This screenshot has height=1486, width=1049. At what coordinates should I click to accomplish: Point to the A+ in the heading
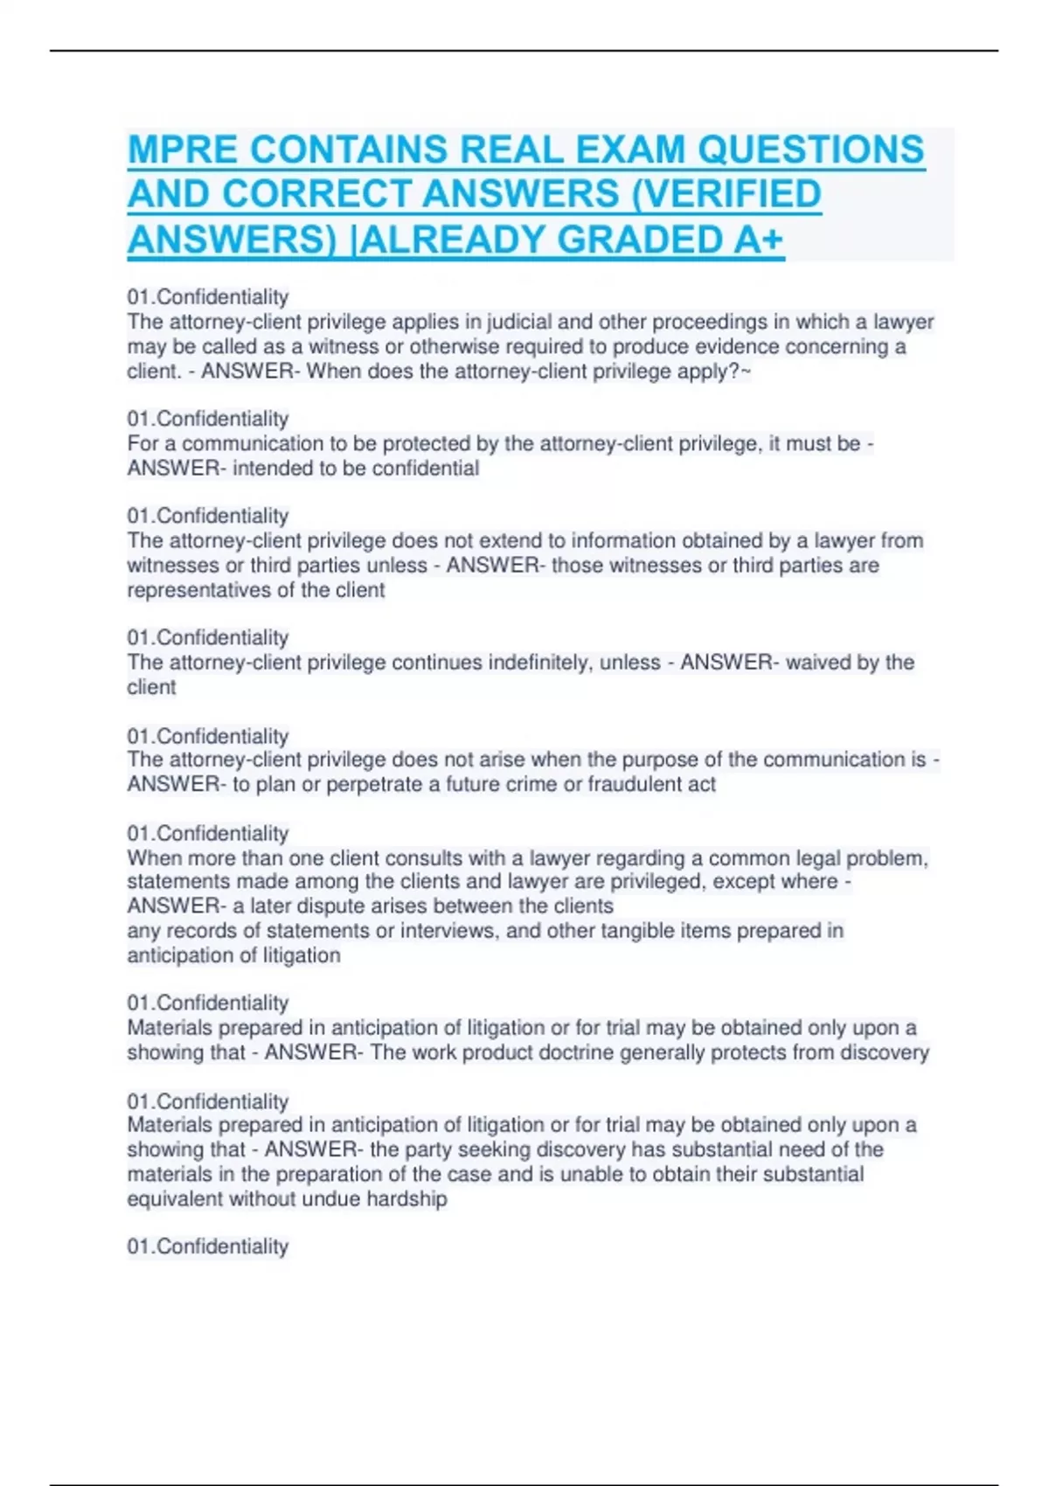click(758, 240)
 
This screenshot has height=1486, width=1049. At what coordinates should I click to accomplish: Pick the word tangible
click(637, 930)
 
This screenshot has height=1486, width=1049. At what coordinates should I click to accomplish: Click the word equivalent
click(176, 1198)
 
